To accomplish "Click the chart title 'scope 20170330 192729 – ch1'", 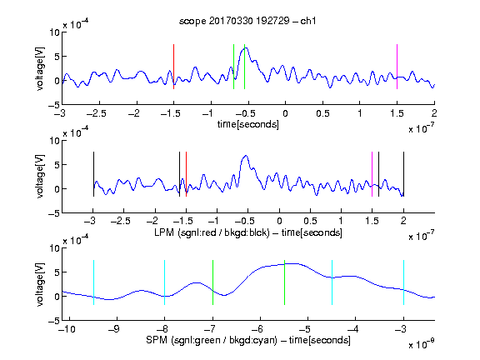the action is pos(247,21).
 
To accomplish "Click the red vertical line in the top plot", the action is pos(173,67).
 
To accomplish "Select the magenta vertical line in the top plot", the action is pos(397,67).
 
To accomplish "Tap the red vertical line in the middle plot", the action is pos(186,174).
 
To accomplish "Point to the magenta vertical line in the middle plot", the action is pos(372,174).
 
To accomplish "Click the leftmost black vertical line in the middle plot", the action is pos(93,174).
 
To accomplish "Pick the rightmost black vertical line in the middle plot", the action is pos(403,174).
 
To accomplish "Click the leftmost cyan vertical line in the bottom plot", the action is pos(93,282).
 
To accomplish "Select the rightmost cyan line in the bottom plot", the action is pos(404,282).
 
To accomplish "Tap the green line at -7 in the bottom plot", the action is pos(212,282).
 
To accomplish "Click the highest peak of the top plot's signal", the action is pos(246,48).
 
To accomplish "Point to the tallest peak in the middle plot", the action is pos(246,156).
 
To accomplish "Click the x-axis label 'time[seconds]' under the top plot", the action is pos(248,124).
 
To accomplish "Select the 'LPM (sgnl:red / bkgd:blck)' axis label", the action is pos(212,232).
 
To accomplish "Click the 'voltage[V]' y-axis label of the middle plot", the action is pos(40,177).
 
